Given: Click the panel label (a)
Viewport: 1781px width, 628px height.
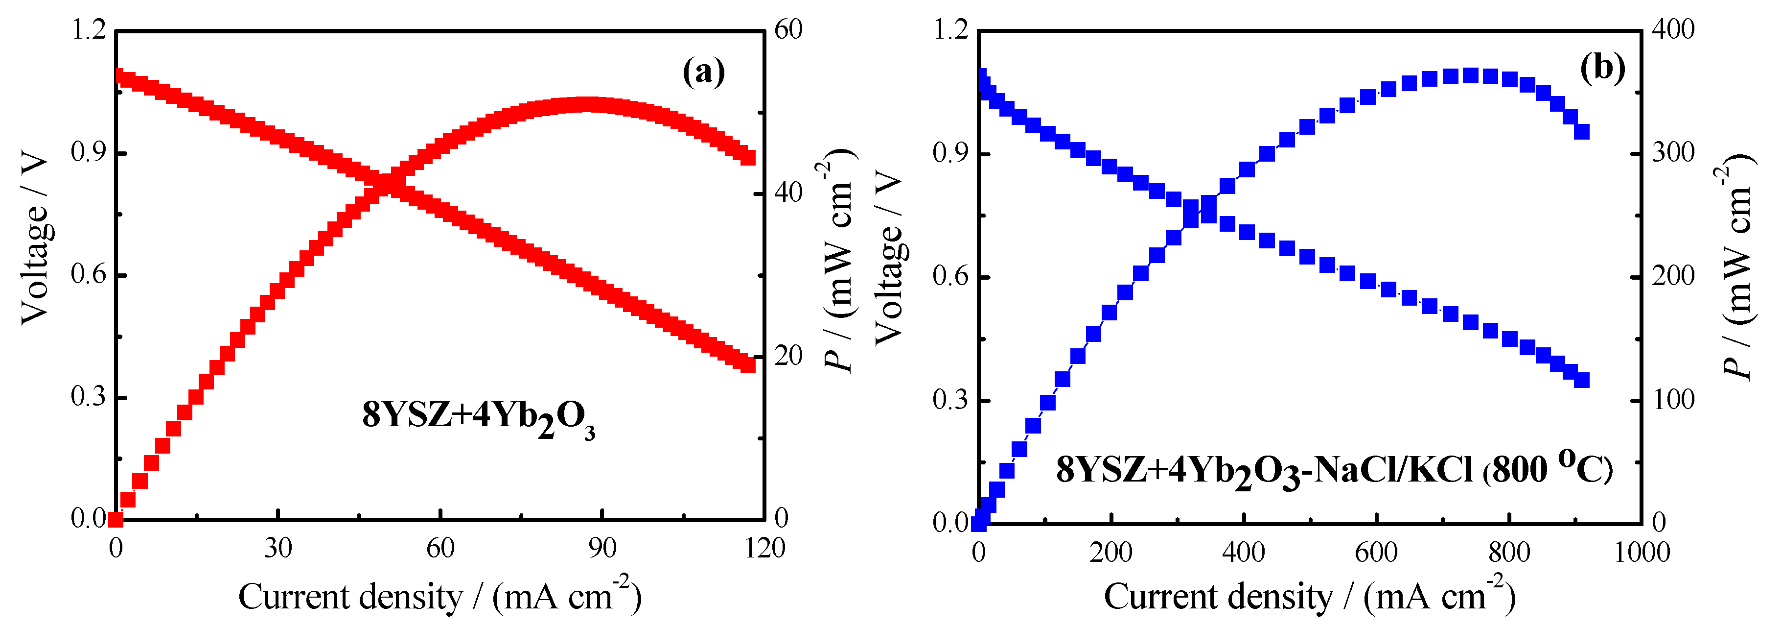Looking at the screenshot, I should click(x=703, y=71).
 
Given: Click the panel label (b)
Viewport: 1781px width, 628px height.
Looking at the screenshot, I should click(x=1602, y=68).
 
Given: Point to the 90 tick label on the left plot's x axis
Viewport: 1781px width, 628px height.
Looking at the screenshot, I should click(x=601, y=549).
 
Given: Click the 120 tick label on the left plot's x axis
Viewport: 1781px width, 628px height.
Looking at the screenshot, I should click(x=764, y=549).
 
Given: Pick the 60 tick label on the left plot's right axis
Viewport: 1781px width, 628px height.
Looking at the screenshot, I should click(x=788, y=30).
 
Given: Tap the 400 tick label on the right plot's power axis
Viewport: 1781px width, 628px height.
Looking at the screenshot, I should click(x=1673, y=30).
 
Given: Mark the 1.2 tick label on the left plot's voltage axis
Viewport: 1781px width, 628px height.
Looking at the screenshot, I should click(x=89, y=30).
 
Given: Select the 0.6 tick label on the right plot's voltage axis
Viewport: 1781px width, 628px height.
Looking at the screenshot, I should click(x=950, y=277).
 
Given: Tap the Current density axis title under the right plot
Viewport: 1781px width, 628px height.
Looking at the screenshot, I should click(x=1309, y=596).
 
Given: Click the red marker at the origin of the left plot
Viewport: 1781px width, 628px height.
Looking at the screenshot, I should click(x=116, y=518).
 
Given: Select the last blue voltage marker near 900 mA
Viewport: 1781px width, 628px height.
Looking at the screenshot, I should click(x=1581, y=380).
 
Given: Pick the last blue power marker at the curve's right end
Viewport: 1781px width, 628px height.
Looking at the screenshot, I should click(x=1581, y=131).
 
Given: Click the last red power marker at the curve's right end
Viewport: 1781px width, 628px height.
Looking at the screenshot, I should click(x=747, y=158).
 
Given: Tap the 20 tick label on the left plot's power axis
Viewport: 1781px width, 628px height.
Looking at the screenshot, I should click(x=788, y=356).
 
